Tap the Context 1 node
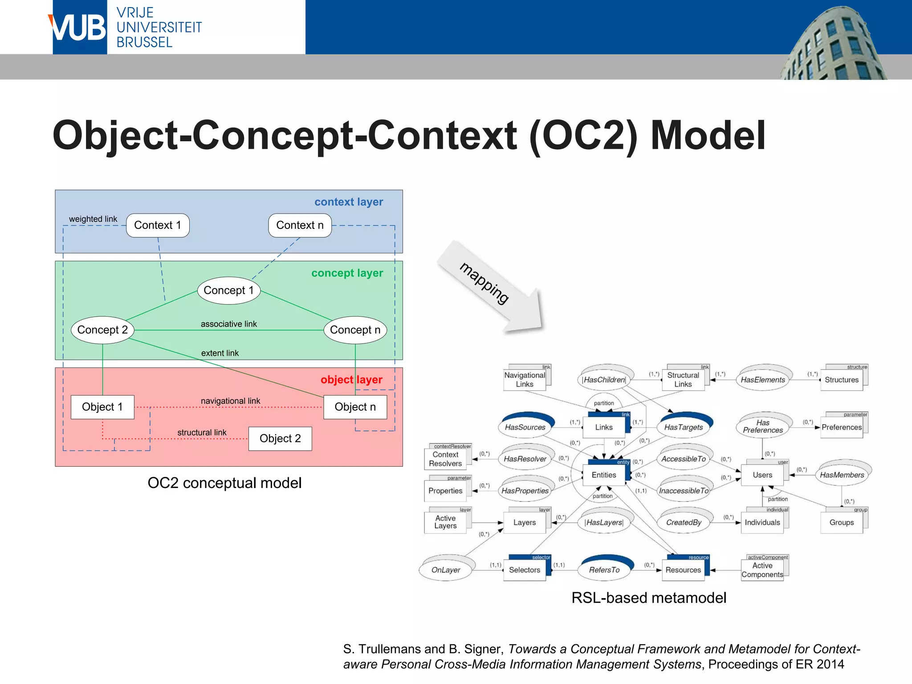158,225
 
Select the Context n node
300,225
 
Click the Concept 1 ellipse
228,290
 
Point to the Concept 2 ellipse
102,330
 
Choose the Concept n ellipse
355,330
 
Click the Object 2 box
280,439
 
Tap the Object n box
355,407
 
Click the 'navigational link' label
230,401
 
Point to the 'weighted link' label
93,219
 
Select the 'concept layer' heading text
347,273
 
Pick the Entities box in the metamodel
604,475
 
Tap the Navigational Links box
525,380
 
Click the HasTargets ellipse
683,427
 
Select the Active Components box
762,570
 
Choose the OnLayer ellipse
445,570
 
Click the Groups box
842,522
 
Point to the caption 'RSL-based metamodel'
648,598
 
